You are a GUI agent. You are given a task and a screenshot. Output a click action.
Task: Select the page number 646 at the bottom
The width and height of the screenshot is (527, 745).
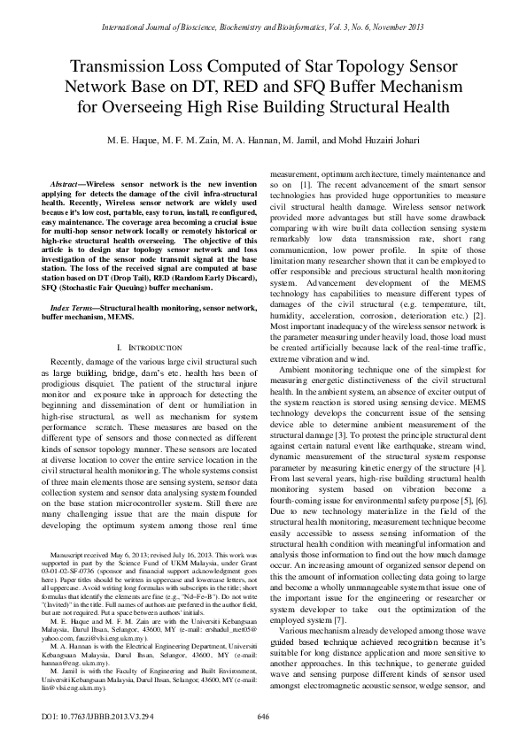pyautogui.click(x=263, y=716)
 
